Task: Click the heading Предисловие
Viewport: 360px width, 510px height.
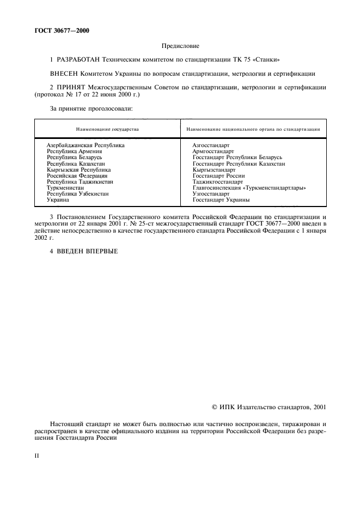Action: [180, 47]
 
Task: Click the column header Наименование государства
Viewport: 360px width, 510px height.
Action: [107, 129]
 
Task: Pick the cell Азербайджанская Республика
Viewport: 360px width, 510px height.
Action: [86, 145]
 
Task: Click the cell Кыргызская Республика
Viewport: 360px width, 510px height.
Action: [78, 170]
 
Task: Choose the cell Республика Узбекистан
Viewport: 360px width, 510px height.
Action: [77, 194]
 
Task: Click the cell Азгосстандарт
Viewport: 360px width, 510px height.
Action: [211, 145]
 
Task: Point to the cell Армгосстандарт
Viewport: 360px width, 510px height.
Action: [213, 151]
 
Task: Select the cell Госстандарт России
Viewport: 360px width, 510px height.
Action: [218, 176]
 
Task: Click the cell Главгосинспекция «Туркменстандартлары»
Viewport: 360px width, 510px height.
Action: [249, 188]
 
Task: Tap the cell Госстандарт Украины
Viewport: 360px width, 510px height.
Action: [221, 200]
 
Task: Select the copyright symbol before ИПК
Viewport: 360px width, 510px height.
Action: [215, 406]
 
